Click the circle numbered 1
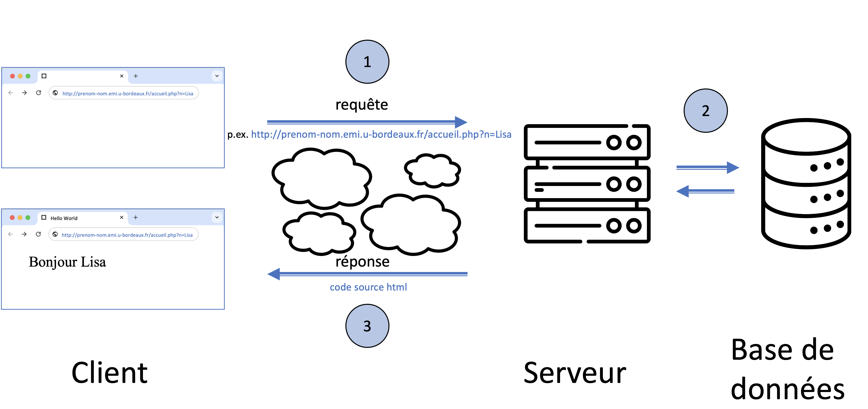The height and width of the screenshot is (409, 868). [367, 62]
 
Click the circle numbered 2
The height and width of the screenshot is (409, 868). [705, 111]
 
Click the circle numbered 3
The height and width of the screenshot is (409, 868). [367, 326]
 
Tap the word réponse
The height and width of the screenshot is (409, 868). [362, 262]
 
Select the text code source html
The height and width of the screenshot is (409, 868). [368, 287]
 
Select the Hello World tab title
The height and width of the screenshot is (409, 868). [64, 218]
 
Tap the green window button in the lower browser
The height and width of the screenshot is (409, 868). [28, 218]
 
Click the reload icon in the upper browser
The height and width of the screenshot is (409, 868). [38, 93]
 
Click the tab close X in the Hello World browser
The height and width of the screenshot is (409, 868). [122, 218]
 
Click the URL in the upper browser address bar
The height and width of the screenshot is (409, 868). [128, 93]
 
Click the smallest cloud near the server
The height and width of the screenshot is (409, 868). [432, 170]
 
